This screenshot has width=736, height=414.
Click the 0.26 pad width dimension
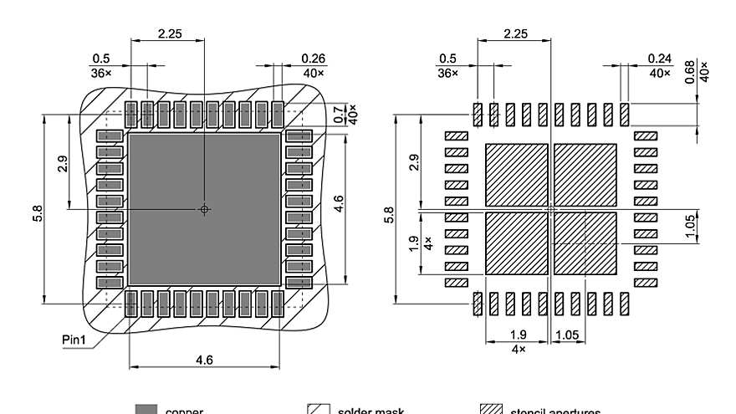click(314, 59)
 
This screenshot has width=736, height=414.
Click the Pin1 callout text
click(74, 341)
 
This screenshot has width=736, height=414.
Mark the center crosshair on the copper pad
click(205, 209)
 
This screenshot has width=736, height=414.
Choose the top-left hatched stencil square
click(516, 174)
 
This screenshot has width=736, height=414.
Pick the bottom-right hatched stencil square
click(585, 243)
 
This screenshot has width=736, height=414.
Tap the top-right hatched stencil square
click(585, 174)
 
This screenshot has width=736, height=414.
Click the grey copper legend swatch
click(146, 409)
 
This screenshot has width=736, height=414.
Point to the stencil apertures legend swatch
click(490, 409)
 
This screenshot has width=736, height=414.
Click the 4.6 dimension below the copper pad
click(205, 359)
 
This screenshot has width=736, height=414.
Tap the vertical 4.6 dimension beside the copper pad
click(338, 203)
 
